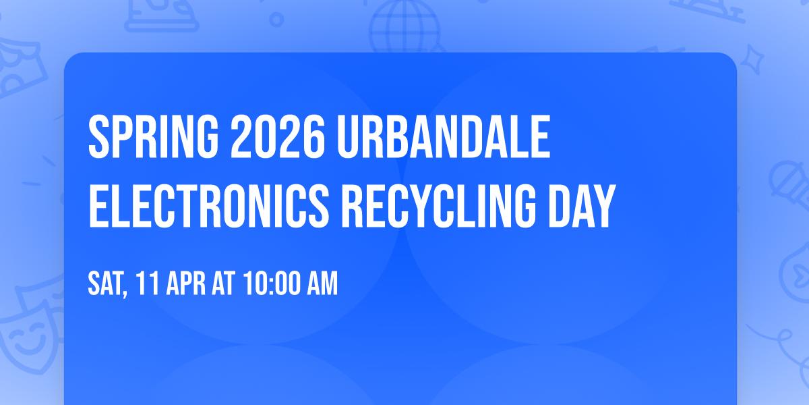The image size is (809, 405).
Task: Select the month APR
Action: pos(181,284)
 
